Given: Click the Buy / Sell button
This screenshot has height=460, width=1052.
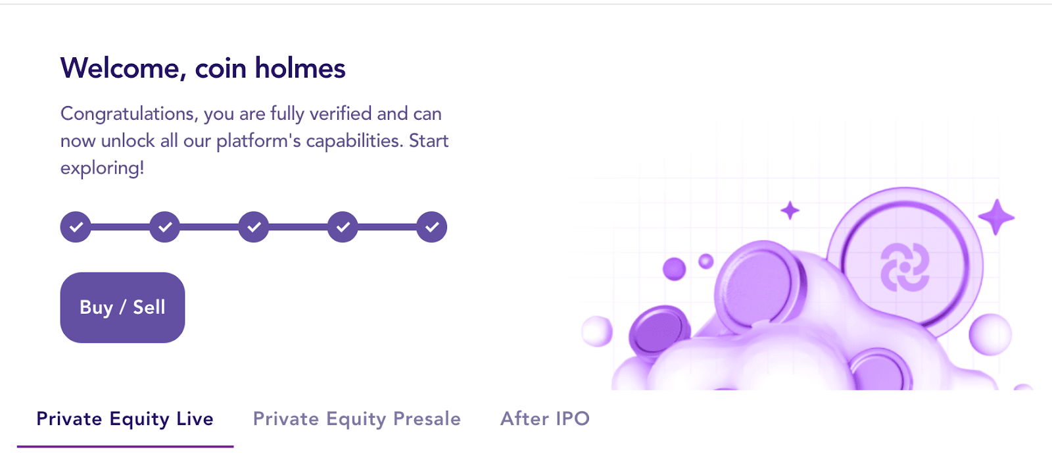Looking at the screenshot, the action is [x=122, y=307].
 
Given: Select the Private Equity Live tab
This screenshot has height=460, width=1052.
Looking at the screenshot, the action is [x=125, y=419].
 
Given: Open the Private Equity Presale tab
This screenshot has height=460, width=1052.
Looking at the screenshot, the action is [x=357, y=419].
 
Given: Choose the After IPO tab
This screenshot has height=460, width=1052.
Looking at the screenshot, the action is [x=545, y=418].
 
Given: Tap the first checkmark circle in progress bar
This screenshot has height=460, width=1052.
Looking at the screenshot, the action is [x=76, y=227].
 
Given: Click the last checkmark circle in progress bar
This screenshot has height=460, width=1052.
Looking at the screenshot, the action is [x=431, y=227].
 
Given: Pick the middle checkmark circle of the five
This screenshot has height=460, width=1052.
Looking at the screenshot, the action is [x=254, y=227].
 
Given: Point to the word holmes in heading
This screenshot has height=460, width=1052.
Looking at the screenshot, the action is [x=300, y=68].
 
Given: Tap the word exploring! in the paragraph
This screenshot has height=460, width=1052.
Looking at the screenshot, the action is [x=103, y=168].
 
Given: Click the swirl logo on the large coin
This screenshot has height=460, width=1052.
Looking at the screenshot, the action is [x=905, y=267].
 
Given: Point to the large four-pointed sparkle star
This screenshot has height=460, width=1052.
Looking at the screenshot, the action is [x=996, y=217].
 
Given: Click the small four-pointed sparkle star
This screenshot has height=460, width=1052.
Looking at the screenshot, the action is [x=790, y=211].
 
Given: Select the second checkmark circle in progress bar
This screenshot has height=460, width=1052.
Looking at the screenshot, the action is [x=165, y=227].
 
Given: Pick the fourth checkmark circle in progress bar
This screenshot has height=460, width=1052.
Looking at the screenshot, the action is [x=343, y=227].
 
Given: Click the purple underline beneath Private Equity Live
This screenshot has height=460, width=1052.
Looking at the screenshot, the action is [x=125, y=446].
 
